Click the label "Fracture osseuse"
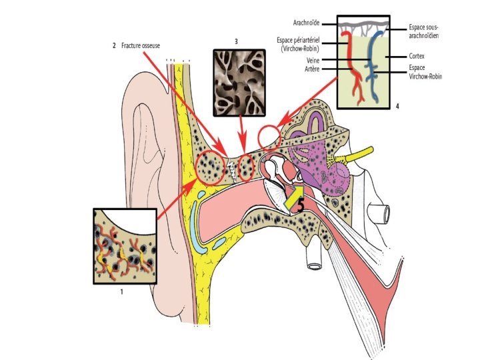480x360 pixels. (x=141, y=45)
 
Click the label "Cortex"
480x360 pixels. (x=418, y=57)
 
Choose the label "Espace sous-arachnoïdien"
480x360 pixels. (x=424, y=31)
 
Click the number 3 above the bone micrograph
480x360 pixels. (x=237, y=41)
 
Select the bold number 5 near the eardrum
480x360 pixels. (x=301, y=205)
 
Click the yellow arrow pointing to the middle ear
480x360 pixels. (x=291, y=195)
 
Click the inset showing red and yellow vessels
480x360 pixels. (x=125, y=247)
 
